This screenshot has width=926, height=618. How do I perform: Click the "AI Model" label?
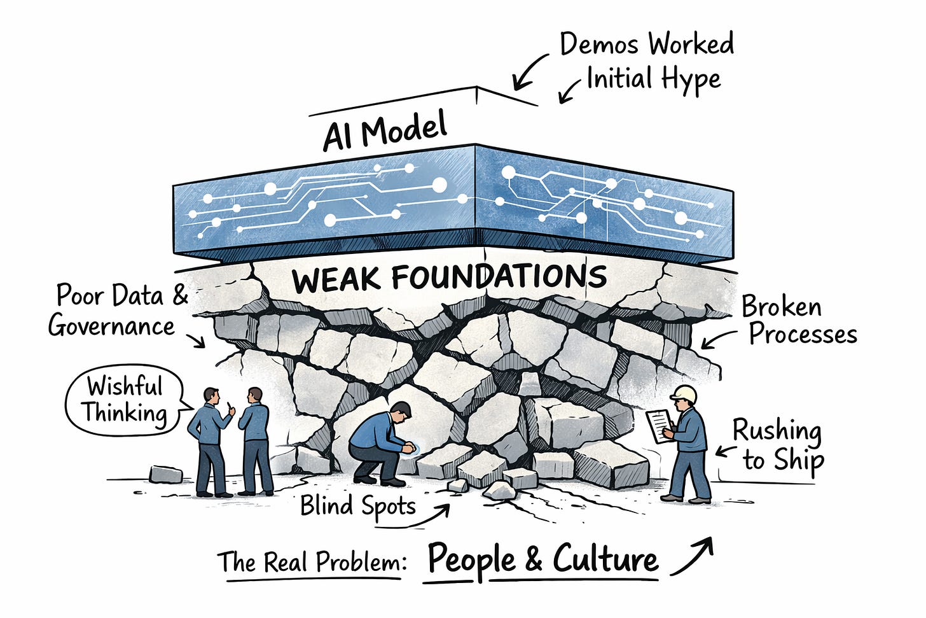point(385,132)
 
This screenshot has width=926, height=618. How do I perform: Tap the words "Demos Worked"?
point(646,45)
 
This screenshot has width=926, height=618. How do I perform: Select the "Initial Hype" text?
point(653,79)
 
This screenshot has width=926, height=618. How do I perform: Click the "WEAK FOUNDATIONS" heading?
point(449,277)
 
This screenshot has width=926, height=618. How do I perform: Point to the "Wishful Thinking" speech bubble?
point(125,401)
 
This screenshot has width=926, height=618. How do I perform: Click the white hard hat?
point(684,394)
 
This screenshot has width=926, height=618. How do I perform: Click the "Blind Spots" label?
point(357,506)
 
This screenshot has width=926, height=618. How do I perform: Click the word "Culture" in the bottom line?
point(605,559)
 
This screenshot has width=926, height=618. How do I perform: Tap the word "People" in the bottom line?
point(471,560)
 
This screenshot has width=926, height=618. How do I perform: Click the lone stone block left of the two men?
point(165,474)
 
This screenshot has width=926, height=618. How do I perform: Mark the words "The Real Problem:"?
point(312,562)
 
